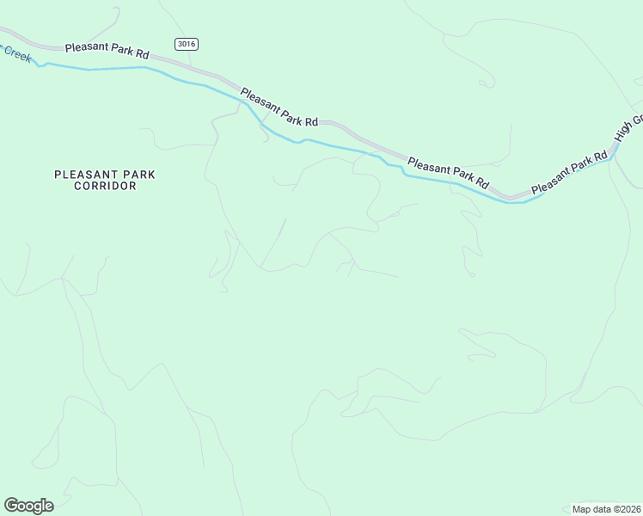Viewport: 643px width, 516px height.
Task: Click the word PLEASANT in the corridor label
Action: [81, 174]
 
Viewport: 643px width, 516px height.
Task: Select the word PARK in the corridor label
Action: [138, 174]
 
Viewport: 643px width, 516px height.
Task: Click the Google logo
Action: [28, 506]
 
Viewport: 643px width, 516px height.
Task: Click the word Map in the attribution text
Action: [584, 508]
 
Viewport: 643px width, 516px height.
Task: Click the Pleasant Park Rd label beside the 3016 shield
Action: [107, 51]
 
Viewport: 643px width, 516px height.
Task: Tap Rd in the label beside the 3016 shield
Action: [142, 54]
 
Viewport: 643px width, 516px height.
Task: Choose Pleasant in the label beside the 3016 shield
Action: [86, 48]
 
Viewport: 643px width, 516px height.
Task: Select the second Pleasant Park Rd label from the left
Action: [279, 108]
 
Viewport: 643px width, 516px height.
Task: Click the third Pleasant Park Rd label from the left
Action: [448, 172]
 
